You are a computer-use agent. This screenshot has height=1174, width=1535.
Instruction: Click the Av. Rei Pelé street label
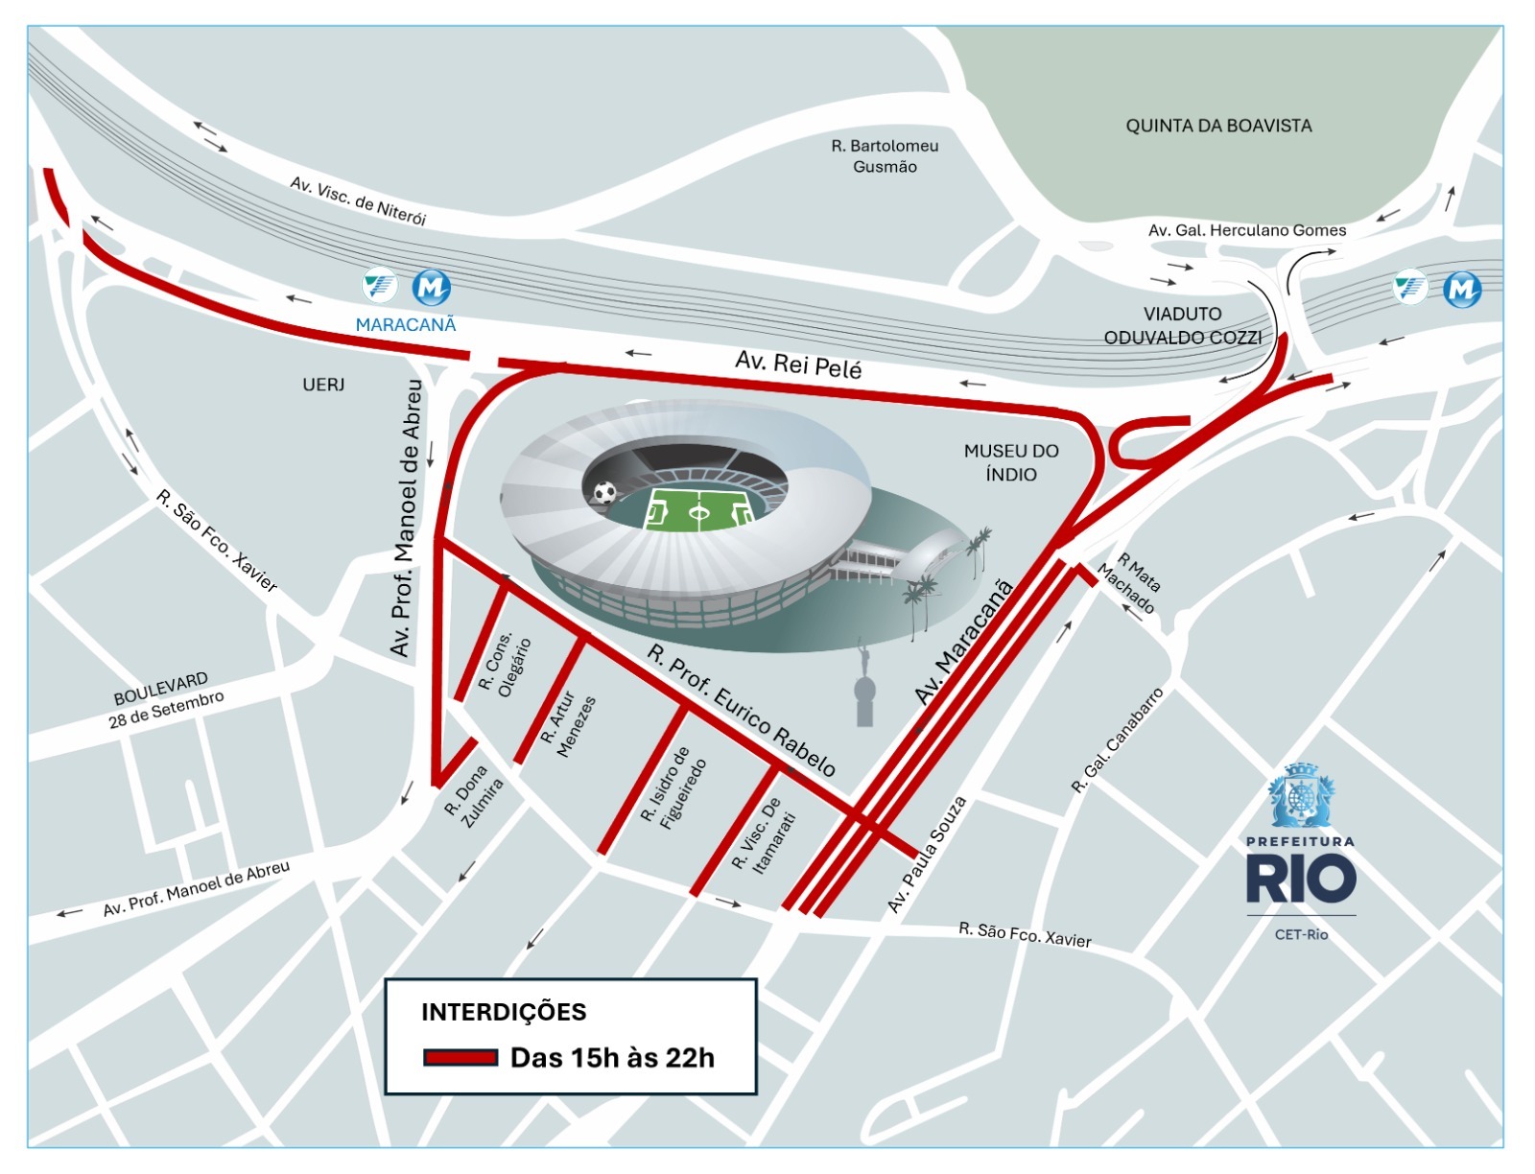[798, 364]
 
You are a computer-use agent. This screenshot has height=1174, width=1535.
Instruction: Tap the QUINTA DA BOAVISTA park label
[1218, 126]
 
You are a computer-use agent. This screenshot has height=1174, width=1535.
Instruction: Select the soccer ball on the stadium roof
[604, 493]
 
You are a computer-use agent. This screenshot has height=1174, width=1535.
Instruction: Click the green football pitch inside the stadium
[698, 509]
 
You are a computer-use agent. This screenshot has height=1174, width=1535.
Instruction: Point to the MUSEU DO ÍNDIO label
[1011, 462]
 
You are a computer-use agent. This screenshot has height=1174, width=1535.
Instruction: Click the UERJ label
[323, 385]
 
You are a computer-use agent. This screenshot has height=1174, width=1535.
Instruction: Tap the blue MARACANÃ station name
[406, 325]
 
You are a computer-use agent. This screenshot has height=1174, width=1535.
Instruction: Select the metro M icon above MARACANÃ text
[432, 287]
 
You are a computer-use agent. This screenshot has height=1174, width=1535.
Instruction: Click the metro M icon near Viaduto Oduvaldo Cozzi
[1462, 289]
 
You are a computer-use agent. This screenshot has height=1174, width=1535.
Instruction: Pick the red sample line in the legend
[460, 1058]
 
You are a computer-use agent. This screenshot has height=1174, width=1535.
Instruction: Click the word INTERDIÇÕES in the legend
[504, 1012]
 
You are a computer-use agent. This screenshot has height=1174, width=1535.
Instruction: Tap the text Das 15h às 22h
[612, 1058]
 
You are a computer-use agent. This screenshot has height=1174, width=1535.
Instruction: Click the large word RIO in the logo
[1300, 880]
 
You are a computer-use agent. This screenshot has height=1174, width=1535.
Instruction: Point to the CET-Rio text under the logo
[1301, 934]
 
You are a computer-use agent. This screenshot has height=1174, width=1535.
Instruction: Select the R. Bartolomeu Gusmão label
[885, 156]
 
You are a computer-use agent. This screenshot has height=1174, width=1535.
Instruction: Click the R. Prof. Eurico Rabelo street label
[741, 711]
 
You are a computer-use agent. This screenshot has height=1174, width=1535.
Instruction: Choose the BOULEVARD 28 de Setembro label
[165, 699]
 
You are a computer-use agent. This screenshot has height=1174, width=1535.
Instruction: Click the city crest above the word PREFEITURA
[1300, 796]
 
